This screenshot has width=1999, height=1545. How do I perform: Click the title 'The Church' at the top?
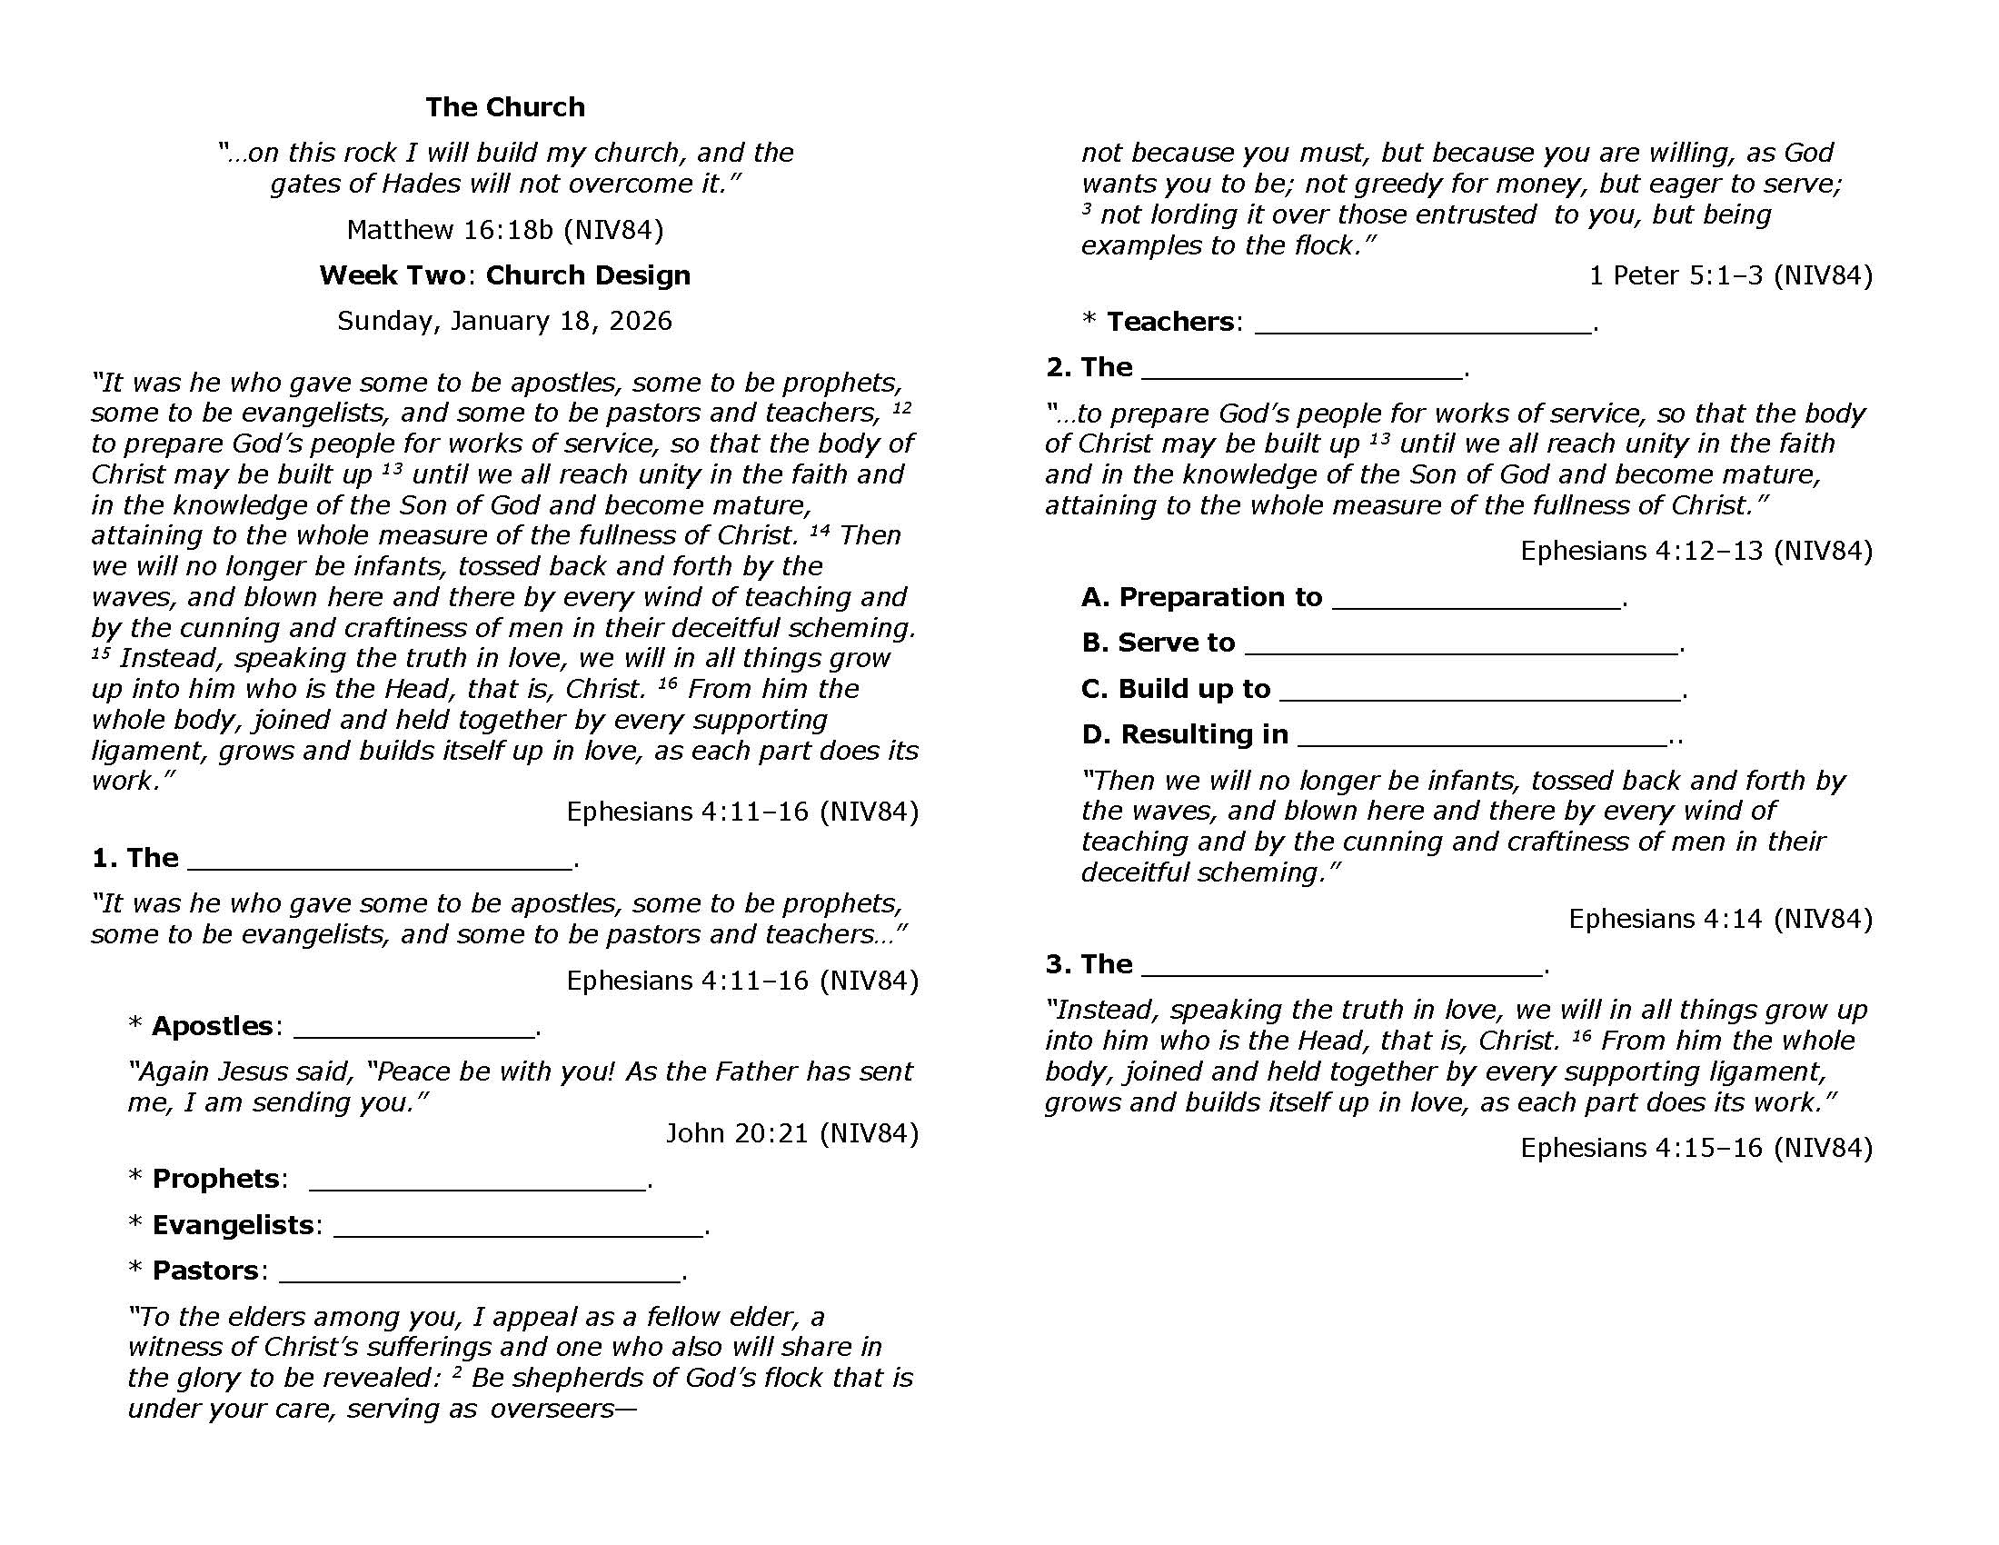[x=504, y=107]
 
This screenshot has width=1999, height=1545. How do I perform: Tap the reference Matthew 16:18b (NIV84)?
[x=504, y=229]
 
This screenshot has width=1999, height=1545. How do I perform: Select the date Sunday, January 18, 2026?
[x=504, y=320]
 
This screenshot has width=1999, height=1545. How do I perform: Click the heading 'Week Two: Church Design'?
[x=504, y=274]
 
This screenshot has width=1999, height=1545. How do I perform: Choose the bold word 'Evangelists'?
[x=233, y=1225]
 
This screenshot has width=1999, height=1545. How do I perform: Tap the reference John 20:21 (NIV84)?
[x=791, y=1133]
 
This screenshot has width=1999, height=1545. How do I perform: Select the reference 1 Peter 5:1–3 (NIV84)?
[x=1730, y=275]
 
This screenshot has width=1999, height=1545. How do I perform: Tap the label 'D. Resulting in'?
[x=1184, y=734]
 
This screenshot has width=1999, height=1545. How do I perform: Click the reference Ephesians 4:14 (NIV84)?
[x=1720, y=918]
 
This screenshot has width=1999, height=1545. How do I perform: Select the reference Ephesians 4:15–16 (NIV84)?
[x=1696, y=1148]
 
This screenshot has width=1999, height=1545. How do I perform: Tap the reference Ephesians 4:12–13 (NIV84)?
[x=1696, y=550]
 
